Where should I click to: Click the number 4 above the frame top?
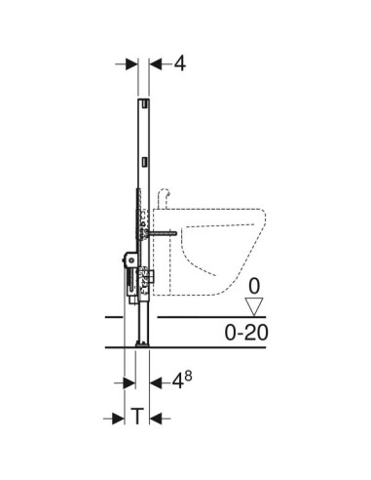tap(180, 63)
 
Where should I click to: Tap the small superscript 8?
tap(188, 377)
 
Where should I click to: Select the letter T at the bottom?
tap(137, 417)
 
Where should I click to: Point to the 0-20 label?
tap(246, 333)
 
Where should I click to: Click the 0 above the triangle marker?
tap(254, 287)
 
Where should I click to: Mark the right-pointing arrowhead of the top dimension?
tap(131, 64)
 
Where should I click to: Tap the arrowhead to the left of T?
tap(118, 419)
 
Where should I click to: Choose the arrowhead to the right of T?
tap(156, 419)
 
